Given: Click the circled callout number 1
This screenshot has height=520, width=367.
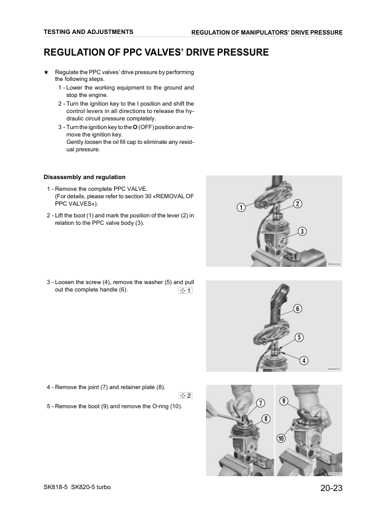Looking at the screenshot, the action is tap(241, 208).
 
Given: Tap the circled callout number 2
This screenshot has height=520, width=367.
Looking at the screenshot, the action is tap(297, 204).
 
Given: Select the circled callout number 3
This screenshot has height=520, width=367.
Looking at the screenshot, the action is tap(302, 231).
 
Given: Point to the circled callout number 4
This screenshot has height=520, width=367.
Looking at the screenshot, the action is tap(303, 361).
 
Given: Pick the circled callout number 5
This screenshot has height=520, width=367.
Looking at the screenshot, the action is tap(299, 337).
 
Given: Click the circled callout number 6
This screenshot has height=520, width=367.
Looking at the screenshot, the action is tap(297, 309).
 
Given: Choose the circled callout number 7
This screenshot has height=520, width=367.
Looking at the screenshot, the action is tap(261, 403).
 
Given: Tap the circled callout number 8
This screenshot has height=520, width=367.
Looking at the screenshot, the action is tap(266, 419).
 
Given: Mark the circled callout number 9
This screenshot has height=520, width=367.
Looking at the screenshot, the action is tap(284, 401).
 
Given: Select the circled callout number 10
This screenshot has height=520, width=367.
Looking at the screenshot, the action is tap(281, 438).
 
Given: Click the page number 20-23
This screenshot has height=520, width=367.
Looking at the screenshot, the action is tap(331, 488).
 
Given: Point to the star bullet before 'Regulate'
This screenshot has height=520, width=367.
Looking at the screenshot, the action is tap(46, 72).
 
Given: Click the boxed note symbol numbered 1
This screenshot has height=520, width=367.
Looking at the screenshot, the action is tap(186, 291).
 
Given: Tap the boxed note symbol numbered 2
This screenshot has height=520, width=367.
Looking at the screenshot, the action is tap(186, 396).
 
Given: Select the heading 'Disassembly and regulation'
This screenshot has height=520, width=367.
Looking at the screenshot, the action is tap(85, 177).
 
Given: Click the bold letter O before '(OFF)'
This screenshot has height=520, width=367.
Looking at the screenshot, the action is tap(135, 127).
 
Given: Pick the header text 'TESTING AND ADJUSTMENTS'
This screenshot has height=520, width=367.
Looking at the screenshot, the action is tap(88, 32).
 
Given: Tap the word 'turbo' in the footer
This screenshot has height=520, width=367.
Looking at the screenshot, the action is tap(104, 487).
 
